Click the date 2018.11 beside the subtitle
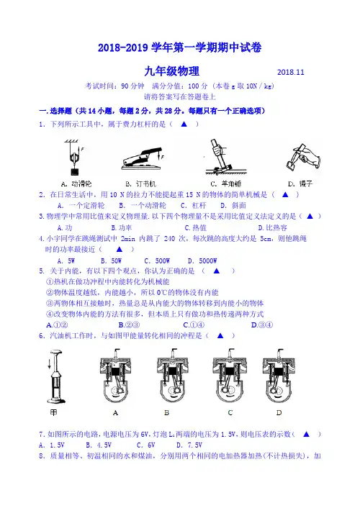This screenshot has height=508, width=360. pyautogui.click(x=291, y=72)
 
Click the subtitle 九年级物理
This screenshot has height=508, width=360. pyautogui.click(x=171, y=71)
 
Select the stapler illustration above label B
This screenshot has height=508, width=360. pyautogui.click(x=143, y=158)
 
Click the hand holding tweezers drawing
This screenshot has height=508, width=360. pyautogui.click(x=303, y=158)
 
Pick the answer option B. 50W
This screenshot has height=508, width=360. pyautogui.click(x=111, y=260)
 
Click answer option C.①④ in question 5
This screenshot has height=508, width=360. pyautogui.click(x=194, y=325)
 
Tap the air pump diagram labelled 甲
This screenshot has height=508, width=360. pyautogui.click(x=56, y=376)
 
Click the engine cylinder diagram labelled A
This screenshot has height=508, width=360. pyautogui.click(x=116, y=376)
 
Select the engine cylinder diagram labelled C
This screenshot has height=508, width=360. pyautogui.click(x=229, y=376)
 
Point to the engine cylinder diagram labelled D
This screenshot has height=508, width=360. pyautogui.click(x=279, y=376)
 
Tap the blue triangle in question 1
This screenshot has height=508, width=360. pyautogui.click(x=184, y=124)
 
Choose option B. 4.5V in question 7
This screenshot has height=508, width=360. pyautogui.click(x=99, y=445)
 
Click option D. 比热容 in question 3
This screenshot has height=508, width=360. pyautogui.click(x=272, y=228)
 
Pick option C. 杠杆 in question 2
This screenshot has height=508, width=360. pyautogui.click(x=193, y=205)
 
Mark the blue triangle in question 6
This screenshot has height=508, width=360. pyautogui.click(x=220, y=335)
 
